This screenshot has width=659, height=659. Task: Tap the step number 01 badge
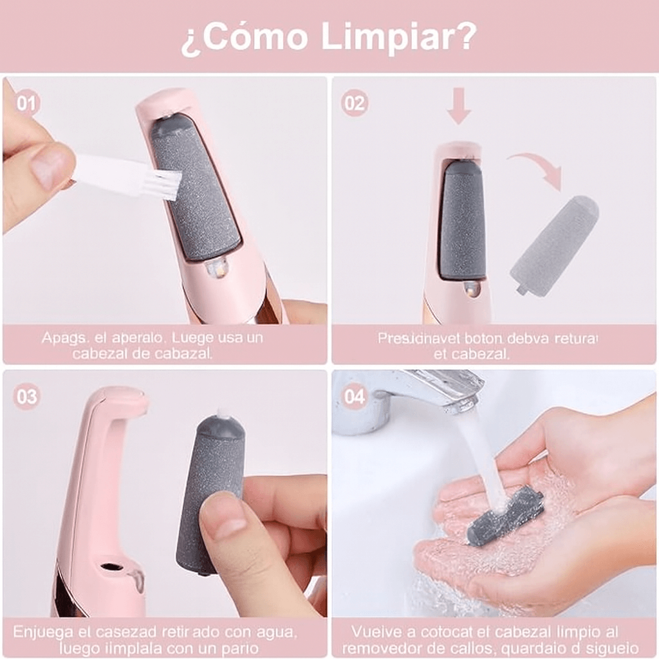[x=26, y=103]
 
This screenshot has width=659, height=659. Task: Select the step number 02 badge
[x=355, y=103]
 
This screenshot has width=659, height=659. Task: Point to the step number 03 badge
[x=26, y=396]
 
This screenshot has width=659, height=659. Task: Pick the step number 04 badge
[x=355, y=396]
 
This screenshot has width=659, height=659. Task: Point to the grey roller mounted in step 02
[x=461, y=219]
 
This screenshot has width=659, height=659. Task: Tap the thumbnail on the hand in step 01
[x=51, y=165]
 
